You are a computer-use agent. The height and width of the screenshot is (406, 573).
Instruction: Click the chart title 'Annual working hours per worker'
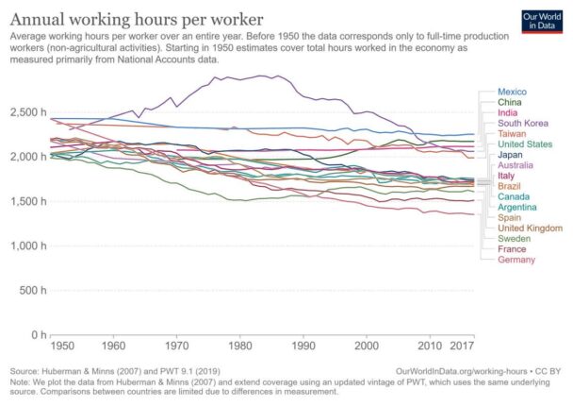[x=137, y=20]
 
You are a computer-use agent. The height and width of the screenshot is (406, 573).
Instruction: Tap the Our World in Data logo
[x=542, y=22]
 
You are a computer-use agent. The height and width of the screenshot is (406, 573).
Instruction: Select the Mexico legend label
[x=512, y=92]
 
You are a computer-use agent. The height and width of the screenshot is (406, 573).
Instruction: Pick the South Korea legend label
[x=522, y=124]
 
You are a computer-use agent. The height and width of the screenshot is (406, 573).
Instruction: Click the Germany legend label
[x=516, y=260]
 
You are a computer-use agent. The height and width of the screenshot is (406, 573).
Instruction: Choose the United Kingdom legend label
[x=530, y=228]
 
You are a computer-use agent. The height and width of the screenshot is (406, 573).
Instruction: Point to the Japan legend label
[x=510, y=155]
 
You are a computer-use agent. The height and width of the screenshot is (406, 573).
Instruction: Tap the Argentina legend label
[x=517, y=207]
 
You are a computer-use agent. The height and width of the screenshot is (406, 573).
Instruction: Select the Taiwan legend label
[x=512, y=134]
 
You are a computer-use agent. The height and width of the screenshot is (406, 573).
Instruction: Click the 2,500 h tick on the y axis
[x=28, y=112]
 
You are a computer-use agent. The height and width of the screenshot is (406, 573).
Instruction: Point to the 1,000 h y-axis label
[x=28, y=245]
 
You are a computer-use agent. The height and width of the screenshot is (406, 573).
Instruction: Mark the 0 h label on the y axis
[x=39, y=334]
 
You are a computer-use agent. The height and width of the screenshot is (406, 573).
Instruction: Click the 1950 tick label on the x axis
[x=62, y=346]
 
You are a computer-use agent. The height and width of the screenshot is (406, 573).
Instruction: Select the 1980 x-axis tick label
[x=240, y=346]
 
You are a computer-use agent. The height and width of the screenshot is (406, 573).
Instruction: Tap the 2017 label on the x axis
[x=462, y=346]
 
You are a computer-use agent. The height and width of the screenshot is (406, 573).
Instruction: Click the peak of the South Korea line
[x=260, y=76]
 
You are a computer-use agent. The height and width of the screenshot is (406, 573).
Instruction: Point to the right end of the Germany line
[x=474, y=214]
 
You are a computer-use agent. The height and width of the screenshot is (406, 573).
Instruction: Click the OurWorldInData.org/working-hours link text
[x=462, y=371]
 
